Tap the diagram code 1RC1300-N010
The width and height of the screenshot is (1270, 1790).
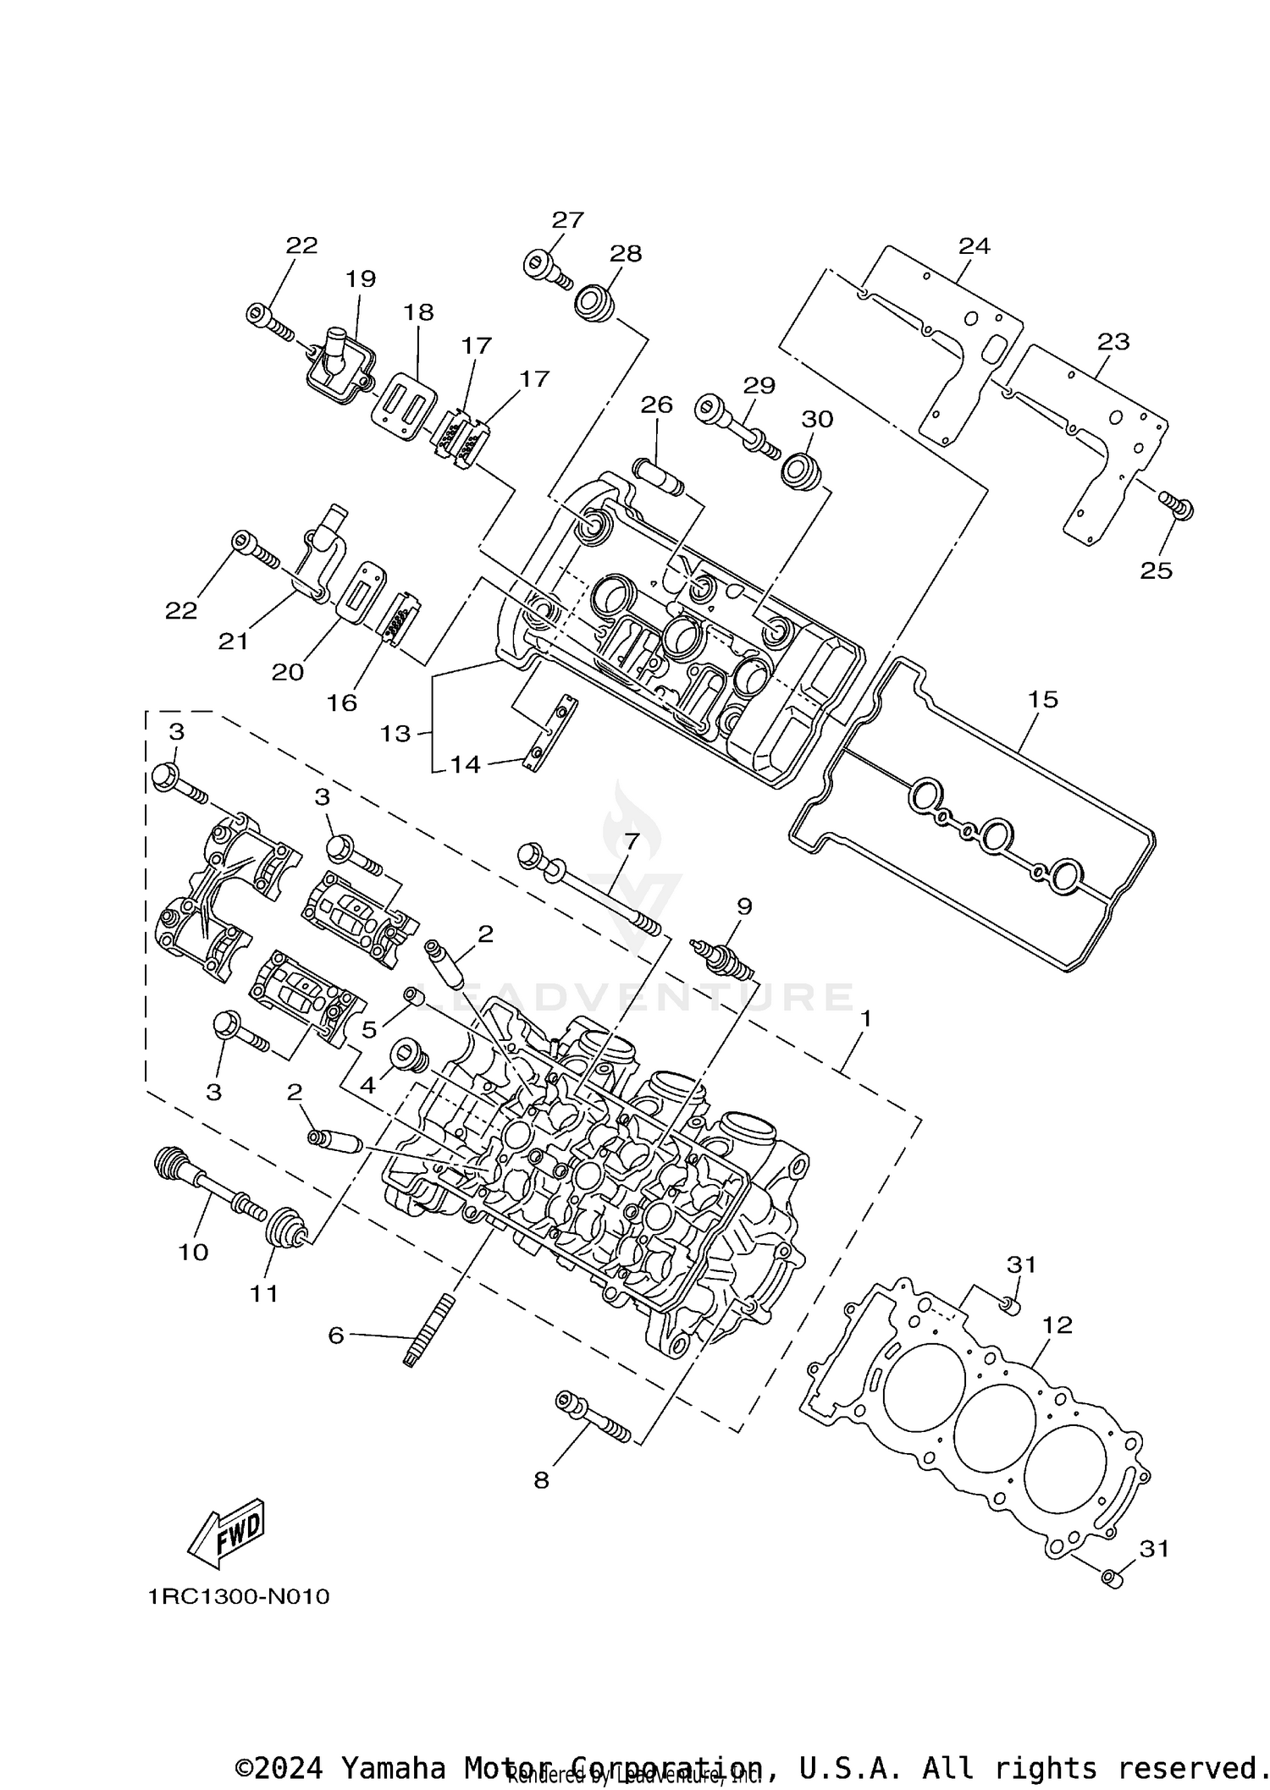pos(238,1597)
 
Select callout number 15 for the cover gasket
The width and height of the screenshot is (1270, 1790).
pos(1043,699)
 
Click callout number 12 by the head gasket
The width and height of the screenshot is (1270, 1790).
pos(1057,1325)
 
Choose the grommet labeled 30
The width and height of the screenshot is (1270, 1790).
pos(800,470)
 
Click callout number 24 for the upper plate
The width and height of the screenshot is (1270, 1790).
pos(974,245)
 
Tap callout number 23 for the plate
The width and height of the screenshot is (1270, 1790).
pos(1113,342)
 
